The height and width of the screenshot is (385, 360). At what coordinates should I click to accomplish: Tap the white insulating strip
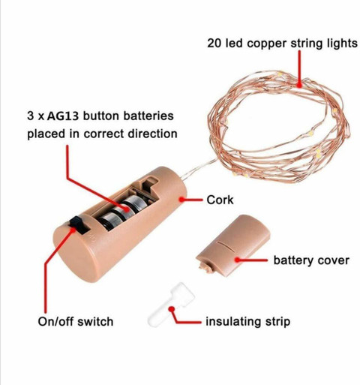pyautogui.click(x=171, y=305)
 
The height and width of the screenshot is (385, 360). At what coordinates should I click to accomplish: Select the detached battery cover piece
pyautogui.click(x=233, y=246)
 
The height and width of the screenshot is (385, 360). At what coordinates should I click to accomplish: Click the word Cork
pyautogui.click(x=220, y=200)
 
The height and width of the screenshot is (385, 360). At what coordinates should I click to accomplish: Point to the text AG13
pyautogui.click(x=63, y=116)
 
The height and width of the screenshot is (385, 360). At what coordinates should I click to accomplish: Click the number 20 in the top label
pyautogui.click(x=214, y=44)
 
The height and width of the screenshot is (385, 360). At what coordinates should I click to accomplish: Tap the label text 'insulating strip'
pyautogui.click(x=247, y=321)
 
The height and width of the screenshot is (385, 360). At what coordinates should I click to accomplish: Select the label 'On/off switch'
pyautogui.click(x=76, y=321)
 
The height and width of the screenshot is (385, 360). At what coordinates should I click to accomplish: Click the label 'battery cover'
pyautogui.click(x=311, y=260)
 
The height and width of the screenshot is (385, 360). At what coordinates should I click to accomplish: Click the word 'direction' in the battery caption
pyautogui.click(x=152, y=134)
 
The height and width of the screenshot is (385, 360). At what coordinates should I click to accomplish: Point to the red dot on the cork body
pyautogui.click(x=181, y=200)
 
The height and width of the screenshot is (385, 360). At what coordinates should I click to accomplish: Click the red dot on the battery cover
pyautogui.click(x=238, y=260)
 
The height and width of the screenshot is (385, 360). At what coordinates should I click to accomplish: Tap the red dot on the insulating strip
pyautogui.click(x=171, y=309)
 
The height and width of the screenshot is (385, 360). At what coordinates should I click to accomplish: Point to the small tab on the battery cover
pyautogui.click(x=205, y=268)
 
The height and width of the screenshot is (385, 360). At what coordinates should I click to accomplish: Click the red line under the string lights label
pyautogui.click(x=299, y=68)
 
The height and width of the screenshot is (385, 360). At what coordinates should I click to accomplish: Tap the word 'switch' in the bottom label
pyautogui.click(x=95, y=321)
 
